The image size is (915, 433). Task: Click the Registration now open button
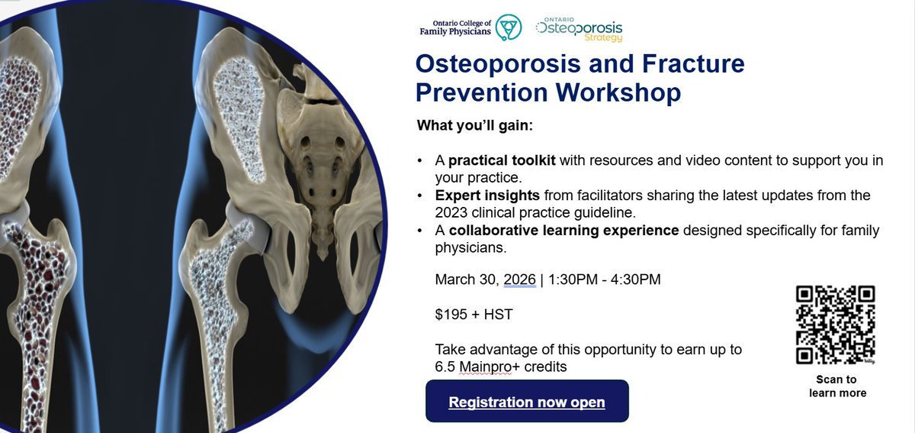coord(526,402)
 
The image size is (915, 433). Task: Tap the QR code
coord(835,325)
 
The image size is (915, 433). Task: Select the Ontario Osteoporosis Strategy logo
coord(579,28)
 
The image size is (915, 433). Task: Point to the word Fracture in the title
coord(673,63)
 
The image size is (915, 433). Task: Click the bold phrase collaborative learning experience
coord(563,230)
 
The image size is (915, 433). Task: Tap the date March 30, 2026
coord(485,280)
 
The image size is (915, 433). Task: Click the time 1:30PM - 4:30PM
coord(604,280)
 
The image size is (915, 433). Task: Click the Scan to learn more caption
coord(836,386)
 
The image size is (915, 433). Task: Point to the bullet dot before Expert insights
coord(421,195)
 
